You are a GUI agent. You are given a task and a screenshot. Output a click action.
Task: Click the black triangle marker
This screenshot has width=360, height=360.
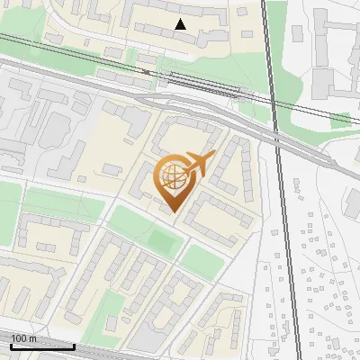(x=181, y=24)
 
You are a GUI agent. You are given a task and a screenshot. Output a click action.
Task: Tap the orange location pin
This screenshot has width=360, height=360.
(x=175, y=177)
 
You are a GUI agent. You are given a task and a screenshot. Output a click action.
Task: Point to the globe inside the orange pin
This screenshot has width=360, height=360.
(x=174, y=176)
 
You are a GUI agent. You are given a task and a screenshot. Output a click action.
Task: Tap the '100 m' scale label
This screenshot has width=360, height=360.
(x=24, y=338)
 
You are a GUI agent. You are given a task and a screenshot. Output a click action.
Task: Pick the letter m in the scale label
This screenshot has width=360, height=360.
(x=32, y=338)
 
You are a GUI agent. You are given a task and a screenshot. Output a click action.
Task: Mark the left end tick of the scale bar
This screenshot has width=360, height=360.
(x=12, y=346)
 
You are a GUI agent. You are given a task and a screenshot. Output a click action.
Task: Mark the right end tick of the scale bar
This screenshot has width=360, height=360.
(x=74, y=346)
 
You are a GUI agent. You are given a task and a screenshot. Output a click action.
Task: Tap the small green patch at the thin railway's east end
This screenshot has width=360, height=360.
(x=342, y=121)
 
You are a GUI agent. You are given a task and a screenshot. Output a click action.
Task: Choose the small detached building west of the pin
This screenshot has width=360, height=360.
(x=112, y=168)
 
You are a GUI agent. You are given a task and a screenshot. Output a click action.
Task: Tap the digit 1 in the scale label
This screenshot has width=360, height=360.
(x=13, y=338)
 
